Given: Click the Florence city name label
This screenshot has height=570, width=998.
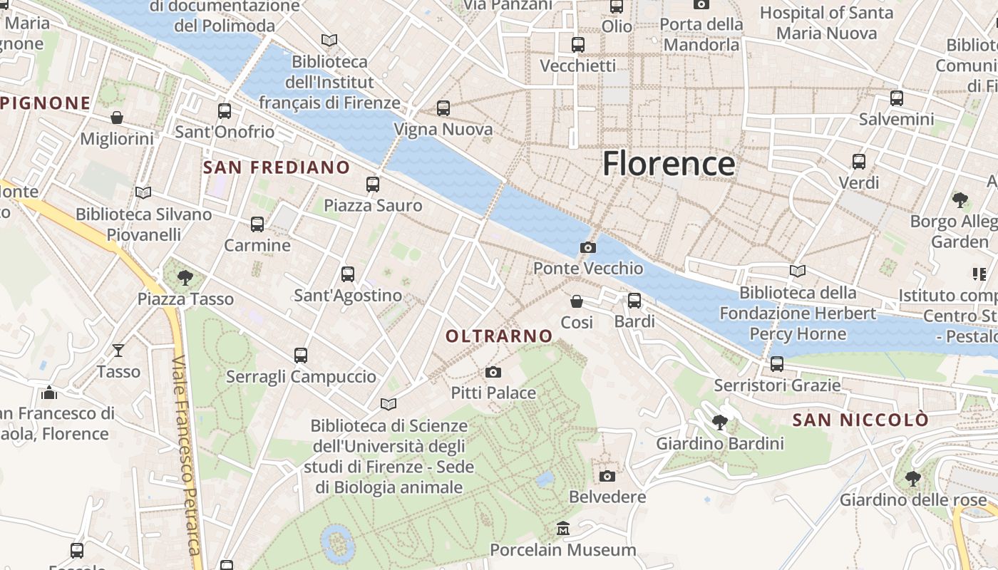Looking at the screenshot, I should click(x=669, y=163).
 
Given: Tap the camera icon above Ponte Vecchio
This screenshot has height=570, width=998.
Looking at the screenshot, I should click(x=588, y=248).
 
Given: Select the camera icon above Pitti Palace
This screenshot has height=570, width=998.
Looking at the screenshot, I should click(x=493, y=372).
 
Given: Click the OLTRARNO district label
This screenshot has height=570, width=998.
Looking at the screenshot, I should click(x=499, y=336).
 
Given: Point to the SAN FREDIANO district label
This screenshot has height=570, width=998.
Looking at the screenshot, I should click(x=277, y=168).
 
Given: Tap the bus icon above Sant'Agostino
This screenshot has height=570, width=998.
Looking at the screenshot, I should click(x=348, y=274).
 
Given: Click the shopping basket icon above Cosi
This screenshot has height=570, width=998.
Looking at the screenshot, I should click(x=577, y=302).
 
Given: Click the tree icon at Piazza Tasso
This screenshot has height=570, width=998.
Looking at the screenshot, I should click(x=185, y=277).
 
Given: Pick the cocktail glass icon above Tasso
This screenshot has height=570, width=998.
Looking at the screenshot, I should click(x=118, y=351).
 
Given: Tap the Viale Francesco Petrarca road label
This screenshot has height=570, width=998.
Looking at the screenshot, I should click(x=185, y=456).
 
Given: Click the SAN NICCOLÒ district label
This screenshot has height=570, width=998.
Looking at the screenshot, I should click(x=860, y=420).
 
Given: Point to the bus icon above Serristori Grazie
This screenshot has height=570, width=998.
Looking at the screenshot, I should click(x=777, y=364).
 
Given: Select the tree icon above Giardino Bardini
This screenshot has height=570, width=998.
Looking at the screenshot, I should click(x=720, y=423).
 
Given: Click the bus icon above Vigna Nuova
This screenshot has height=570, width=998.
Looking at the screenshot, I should click(x=443, y=108).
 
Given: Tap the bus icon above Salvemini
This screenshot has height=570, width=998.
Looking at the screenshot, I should click(x=897, y=98).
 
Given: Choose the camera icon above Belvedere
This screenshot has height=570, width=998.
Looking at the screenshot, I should click(x=607, y=476).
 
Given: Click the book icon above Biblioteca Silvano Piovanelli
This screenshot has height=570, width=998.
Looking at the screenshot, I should click(x=143, y=193).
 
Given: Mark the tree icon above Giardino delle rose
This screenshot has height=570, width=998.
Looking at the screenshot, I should click(x=912, y=478).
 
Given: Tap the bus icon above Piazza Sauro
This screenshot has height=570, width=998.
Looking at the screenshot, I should click(x=373, y=185).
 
